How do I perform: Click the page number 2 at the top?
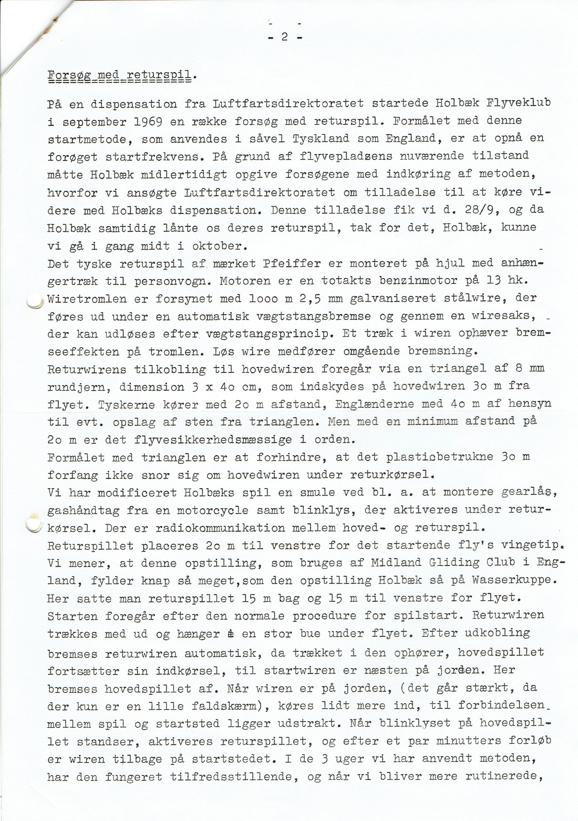pos(285,37)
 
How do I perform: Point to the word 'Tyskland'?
pos(321,139)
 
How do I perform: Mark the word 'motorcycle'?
pos(217,510)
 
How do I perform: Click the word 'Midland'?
pos(394,563)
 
